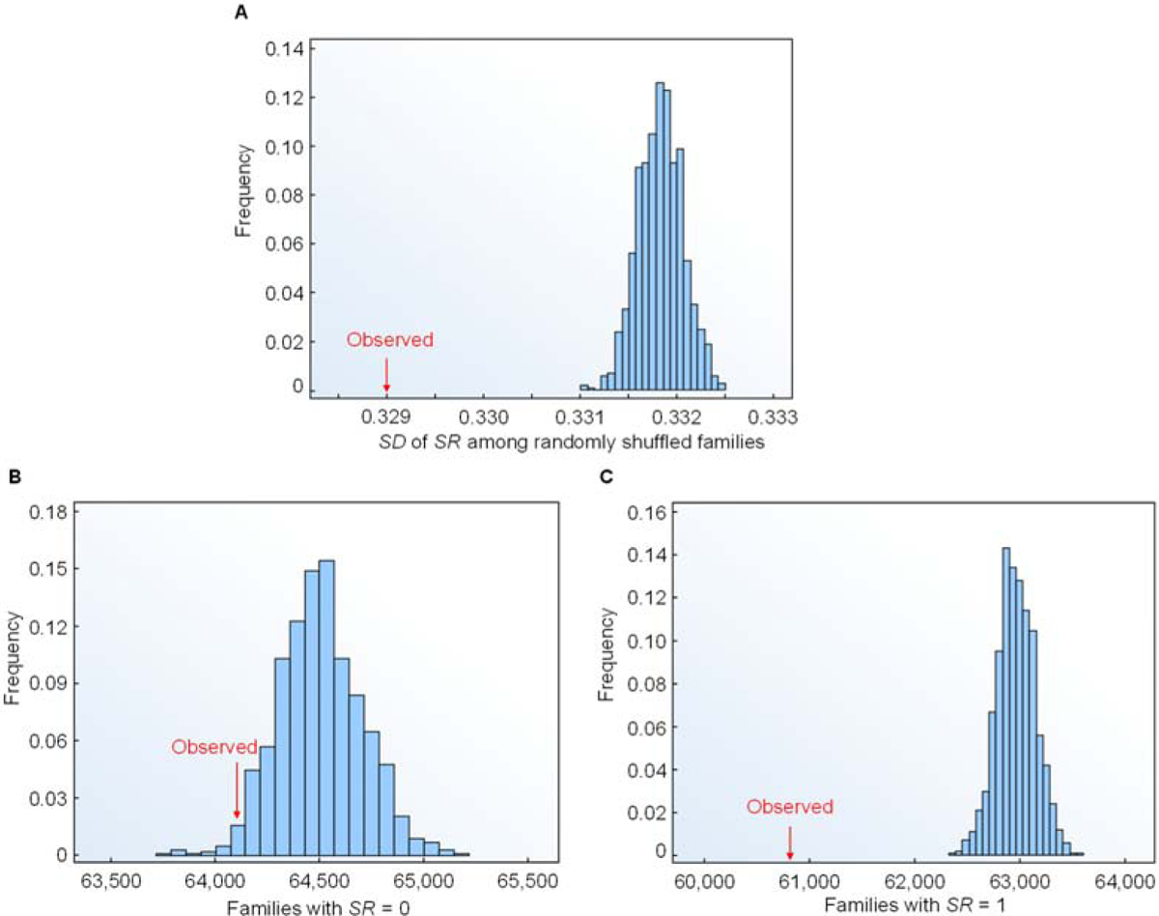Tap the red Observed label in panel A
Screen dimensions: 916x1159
390,340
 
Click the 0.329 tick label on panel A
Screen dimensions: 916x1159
386,416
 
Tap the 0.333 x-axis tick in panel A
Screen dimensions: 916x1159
775,416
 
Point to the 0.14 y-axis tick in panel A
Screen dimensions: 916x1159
286,48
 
